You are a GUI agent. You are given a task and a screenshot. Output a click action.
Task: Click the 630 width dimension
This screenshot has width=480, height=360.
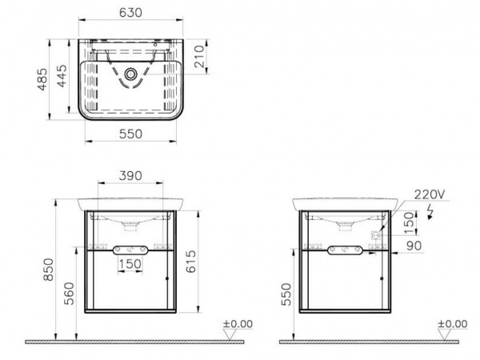pos(130,13)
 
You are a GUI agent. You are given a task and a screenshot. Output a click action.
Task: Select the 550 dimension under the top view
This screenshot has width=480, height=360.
pos(130,134)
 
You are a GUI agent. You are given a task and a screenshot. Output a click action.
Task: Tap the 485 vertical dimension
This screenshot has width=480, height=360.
pos(42,79)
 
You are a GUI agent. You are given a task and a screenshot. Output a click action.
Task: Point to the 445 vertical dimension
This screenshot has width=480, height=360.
pos(62,76)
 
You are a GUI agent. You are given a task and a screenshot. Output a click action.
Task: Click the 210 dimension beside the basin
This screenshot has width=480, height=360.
pos(199,56)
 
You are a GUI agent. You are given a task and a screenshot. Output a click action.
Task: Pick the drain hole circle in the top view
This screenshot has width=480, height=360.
pos(130,74)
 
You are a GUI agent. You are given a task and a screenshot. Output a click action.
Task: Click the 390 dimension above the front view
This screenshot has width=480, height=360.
pos(130,176)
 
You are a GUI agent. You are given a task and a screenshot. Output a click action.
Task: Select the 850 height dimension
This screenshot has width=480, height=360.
pos(49,270)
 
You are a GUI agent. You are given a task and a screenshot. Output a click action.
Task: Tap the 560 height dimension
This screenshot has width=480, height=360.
pos(70,294)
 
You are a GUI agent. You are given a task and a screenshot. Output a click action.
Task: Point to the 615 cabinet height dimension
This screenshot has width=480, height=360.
pos(191,261)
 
